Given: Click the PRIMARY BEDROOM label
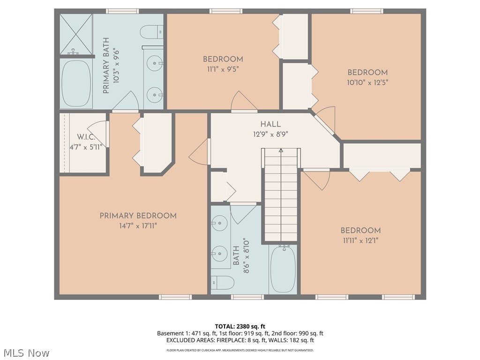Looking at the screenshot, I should (x=138, y=216).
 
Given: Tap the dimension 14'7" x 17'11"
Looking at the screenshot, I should (x=138, y=226).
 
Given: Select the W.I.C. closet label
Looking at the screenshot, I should (x=86, y=137).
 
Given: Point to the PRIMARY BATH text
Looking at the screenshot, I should (x=106, y=66).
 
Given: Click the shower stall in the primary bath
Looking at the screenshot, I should (x=75, y=35).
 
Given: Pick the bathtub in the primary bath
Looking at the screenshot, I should (x=75, y=83).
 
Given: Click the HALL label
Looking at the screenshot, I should (x=270, y=124).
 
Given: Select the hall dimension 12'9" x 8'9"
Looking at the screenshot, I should (x=270, y=134).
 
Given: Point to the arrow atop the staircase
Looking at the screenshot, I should (x=281, y=151).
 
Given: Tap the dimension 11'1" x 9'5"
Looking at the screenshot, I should (x=223, y=68).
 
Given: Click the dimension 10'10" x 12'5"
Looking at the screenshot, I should (x=367, y=82).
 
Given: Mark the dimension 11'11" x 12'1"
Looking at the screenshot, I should (x=360, y=240).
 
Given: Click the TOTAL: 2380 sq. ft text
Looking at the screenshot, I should (x=240, y=326).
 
